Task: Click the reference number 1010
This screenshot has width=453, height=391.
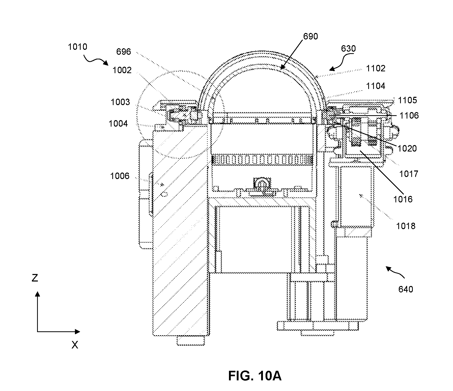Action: tap(78, 47)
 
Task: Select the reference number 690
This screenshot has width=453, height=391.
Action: tap(311, 37)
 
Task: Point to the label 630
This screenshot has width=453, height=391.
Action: tap(349, 49)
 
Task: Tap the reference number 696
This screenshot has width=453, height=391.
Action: tap(124, 52)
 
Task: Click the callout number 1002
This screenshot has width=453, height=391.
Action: tap(122, 70)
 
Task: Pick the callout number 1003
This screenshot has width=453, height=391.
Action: tap(120, 102)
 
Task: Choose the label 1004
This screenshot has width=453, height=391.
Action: tap(118, 124)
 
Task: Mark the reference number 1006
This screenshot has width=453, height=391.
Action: tap(120, 176)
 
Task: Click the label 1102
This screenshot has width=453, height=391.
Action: tap(375, 68)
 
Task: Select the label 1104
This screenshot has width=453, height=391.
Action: tap(375, 86)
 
